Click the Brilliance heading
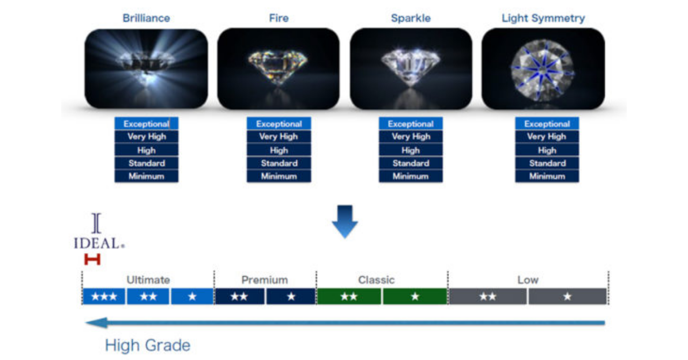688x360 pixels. pos(146,18)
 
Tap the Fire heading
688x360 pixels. pos(278,18)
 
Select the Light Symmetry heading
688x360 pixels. pos(543,18)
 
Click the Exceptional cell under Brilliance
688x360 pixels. pos(146,124)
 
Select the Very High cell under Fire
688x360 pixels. pos(278,137)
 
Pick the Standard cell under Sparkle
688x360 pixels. pos(411,163)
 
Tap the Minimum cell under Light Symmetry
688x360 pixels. pos(547,176)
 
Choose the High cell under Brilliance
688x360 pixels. pos(146,150)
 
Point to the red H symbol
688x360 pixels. pos(92,260)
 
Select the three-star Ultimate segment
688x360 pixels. pos(104,297)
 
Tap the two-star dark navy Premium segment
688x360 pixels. pos(239,297)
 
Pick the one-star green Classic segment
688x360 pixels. pos(415,297)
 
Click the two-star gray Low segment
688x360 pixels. pos(488,297)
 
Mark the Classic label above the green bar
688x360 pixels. pos(376,280)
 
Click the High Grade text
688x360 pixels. pos(148,345)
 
